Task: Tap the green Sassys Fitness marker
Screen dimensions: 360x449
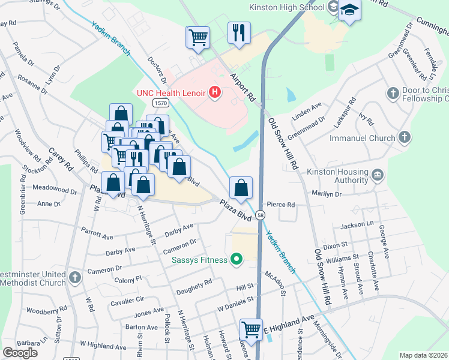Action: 237,260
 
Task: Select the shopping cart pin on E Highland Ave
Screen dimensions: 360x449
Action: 251,329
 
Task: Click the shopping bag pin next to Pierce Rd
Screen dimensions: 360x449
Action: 241,187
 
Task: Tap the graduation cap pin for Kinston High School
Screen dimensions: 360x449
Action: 349,10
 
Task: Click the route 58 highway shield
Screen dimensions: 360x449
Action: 260,214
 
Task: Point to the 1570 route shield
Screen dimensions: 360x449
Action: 160,103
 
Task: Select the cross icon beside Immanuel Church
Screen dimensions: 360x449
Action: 405,137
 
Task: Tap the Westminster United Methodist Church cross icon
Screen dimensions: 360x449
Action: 74,277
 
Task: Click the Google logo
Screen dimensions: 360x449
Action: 20,353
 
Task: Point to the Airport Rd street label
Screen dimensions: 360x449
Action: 243,86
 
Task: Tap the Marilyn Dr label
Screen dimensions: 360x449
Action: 325,193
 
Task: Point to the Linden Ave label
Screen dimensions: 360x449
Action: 307,109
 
